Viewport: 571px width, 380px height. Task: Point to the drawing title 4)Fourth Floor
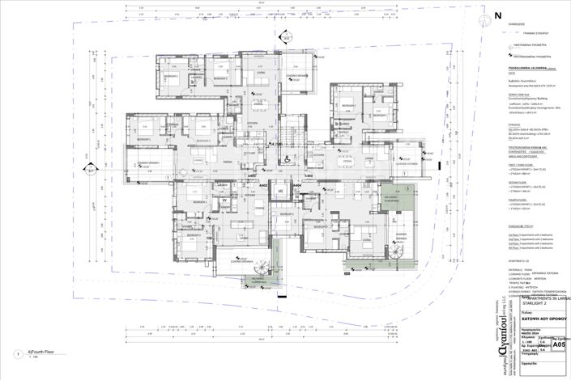point(40,352)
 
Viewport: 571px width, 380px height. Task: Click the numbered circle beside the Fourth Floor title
point(17,354)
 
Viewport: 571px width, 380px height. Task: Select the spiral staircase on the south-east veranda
point(397,253)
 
